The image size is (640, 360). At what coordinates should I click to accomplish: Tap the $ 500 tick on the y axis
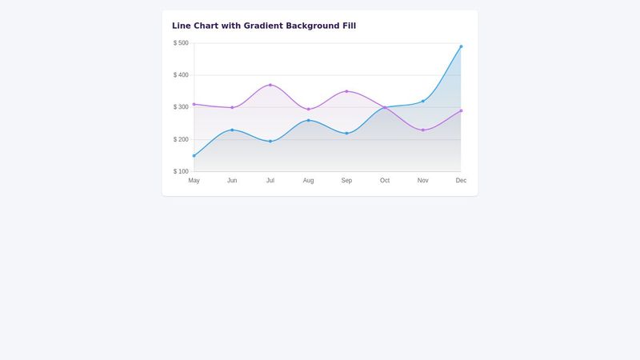click(x=181, y=43)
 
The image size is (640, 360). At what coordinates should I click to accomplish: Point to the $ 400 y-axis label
click(x=181, y=75)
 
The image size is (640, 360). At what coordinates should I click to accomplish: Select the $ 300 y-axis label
click(x=181, y=107)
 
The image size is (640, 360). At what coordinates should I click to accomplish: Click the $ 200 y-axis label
click(x=181, y=139)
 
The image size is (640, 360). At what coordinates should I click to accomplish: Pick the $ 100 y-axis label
click(x=181, y=171)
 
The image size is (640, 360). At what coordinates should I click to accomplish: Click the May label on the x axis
click(x=194, y=181)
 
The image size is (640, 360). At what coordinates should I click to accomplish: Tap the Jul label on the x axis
click(x=270, y=181)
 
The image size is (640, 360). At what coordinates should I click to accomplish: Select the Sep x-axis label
click(x=346, y=181)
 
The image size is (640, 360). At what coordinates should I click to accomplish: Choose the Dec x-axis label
click(x=461, y=181)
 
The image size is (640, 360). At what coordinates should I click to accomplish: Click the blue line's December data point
click(x=461, y=46)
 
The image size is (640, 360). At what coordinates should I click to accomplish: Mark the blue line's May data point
click(x=194, y=155)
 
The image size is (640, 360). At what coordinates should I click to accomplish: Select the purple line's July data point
click(x=270, y=85)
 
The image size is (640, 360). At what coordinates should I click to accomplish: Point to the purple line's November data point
click(x=423, y=130)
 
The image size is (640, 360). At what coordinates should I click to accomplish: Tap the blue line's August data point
click(x=309, y=120)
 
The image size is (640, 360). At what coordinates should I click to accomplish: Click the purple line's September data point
click(x=346, y=91)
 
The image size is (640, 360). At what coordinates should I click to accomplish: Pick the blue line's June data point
click(x=232, y=130)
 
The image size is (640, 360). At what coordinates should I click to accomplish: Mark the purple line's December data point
click(x=461, y=110)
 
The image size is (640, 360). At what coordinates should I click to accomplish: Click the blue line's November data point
click(x=423, y=101)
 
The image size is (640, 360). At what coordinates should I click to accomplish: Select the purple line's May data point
click(x=194, y=104)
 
